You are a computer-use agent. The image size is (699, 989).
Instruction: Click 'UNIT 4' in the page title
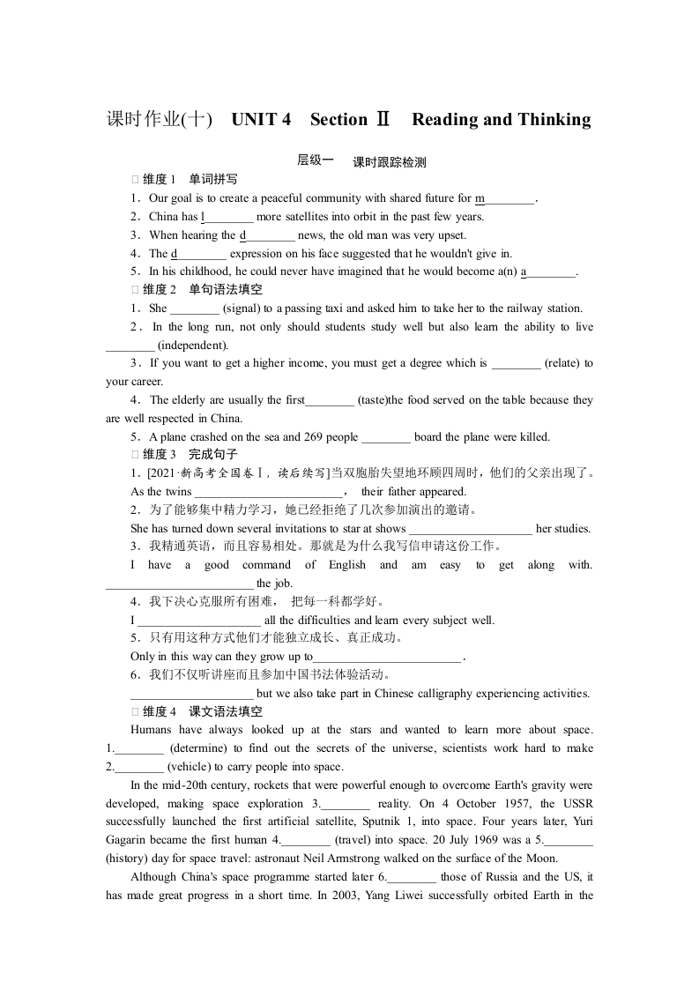[x=261, y=120]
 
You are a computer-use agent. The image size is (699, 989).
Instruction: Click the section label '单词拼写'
[x=213, y=180]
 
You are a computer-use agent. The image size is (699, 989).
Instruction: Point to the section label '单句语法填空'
[x=226, y=290]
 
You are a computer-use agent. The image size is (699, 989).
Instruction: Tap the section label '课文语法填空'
[x=226, y=711]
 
